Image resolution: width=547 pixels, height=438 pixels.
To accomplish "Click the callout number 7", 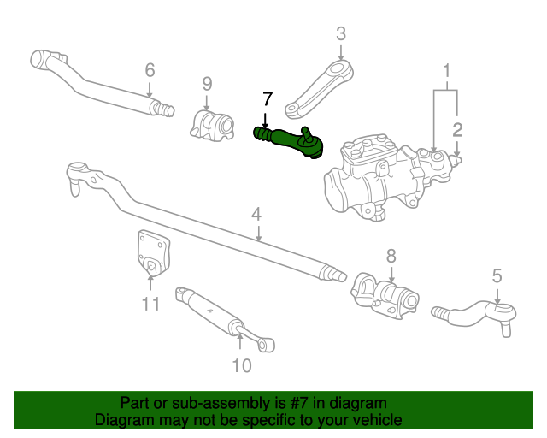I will (267, 98).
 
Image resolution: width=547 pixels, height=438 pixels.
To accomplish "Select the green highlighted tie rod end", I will (291, 139).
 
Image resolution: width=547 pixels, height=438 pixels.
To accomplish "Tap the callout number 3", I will (341, 34).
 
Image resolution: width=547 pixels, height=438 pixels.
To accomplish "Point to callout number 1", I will (445, 68).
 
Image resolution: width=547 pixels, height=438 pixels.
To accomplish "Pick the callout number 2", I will (457, 129).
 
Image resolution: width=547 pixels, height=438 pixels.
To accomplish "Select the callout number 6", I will (150, 69).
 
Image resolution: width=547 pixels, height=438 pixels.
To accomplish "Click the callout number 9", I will (207, 83).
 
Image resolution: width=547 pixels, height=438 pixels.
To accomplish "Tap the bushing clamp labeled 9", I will (212, 125).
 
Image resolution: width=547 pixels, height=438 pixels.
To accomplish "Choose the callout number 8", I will (391, 254).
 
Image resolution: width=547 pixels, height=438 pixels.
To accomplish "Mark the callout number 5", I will (497, 275).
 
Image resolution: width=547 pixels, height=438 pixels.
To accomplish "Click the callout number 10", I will (241, 366).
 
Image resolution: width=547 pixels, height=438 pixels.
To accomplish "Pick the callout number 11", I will (150, 303).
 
